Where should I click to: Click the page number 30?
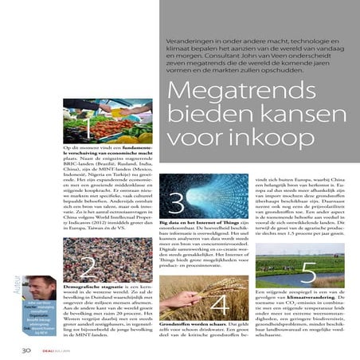click(x=26, y=347)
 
